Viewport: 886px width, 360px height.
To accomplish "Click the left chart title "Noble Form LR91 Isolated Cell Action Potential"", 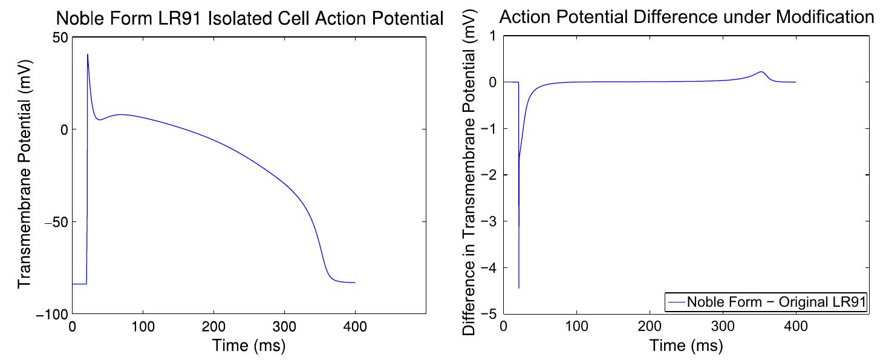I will click(x=250, y=19).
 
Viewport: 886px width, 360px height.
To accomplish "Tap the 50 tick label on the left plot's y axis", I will click(x=59, y=37).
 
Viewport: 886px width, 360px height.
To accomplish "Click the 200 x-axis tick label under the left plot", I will click(x=213, y=327).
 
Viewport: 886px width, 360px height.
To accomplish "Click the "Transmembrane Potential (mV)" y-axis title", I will click(x=25, y=175).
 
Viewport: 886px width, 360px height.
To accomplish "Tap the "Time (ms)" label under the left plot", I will click(x=249, y=346).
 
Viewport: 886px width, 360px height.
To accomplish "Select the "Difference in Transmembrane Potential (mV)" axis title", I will click(x=470, y=175).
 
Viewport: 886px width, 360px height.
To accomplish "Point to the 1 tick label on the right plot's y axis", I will click(x=492, y=36).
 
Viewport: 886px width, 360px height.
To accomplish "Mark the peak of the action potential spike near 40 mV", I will click(x=88, y=54).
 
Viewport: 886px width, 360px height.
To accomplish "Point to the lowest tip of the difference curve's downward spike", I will click(x=519, y=288).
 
